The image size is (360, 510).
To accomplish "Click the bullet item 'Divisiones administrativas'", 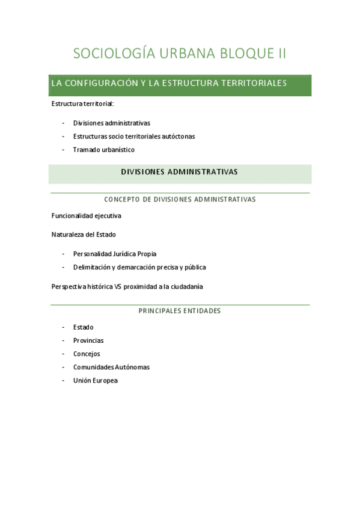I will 112,123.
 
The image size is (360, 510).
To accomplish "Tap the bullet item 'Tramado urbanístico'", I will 104,150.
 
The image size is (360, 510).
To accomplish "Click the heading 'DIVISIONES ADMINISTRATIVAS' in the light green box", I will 179,172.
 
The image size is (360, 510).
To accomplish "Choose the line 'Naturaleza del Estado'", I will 84,234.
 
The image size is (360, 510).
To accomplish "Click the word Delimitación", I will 93,267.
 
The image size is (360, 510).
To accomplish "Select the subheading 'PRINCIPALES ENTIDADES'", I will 180,311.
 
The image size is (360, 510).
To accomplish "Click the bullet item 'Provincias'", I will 88,340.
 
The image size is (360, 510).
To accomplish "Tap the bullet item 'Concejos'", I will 87,354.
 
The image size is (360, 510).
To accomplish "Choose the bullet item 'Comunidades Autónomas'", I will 111,367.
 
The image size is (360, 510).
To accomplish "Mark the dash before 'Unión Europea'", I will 64,380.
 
